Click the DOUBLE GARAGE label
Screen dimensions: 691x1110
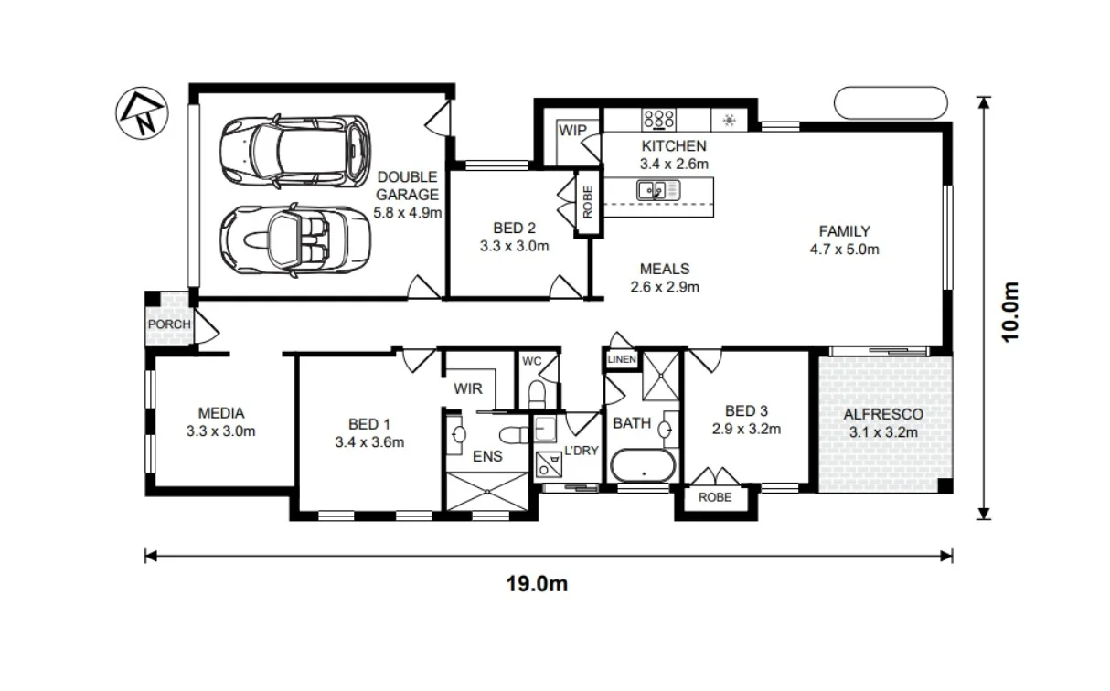tap(408, 186)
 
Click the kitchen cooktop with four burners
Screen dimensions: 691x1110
tap(658, 119)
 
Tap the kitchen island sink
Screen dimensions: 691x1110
tap(652, 190)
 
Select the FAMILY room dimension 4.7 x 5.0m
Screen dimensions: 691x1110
tap(844, 249)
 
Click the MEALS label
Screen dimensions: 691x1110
tap(664, 269)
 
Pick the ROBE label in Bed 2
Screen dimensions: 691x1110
tap(588, 201)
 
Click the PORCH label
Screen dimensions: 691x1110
tap(168, 324)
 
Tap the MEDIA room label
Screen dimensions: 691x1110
tap(220, 413)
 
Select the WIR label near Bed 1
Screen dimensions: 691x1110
tap(468, 388)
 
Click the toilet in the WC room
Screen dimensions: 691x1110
tap(539, 392)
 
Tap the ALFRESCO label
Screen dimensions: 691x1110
tap(882, 415)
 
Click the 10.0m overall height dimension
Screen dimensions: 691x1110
tap(1009, 310)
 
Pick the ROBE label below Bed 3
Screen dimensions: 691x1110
tap(715, 497)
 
